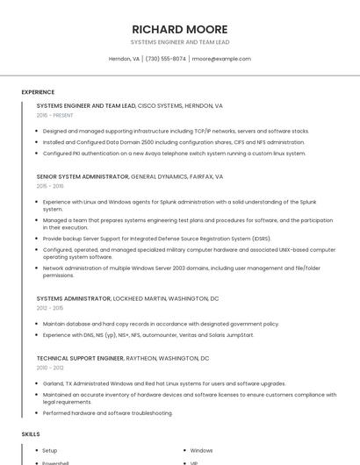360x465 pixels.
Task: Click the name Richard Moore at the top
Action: point(180,29)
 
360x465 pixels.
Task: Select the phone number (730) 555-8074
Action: point(166,59)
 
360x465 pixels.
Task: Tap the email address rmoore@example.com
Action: point(221,59)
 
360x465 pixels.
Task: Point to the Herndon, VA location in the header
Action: point(124,59)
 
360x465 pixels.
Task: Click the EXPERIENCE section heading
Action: point(38,92)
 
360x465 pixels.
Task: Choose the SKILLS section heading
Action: point(31,434)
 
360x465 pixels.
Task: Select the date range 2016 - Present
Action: point(55,115)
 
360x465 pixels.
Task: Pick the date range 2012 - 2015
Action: point(50,308)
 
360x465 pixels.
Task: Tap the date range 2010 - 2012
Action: point(50,368)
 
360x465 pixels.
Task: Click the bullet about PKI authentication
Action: point(174,153)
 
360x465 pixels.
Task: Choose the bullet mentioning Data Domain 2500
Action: point(174,142)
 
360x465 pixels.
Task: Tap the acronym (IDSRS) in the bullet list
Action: point(260,238)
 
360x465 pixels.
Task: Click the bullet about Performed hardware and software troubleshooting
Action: point(107,413)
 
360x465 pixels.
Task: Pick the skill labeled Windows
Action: point(201,450)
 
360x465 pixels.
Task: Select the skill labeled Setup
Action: point(50,450)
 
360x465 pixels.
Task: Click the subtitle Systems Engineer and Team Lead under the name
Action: point(180,41)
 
